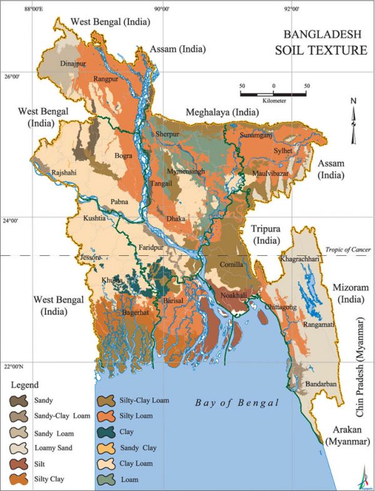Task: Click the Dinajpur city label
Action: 72,64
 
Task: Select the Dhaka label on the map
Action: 176,219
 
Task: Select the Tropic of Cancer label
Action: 349,249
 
